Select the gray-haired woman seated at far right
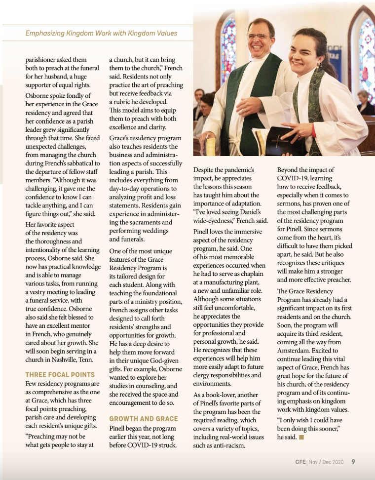pyautogui.click(x=364, y=102)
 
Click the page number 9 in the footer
pyautogui.click(x=353, y=462)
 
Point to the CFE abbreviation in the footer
pyautogui.click(x=300, y=462)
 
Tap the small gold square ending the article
pyautogui.click(x=301, y=437)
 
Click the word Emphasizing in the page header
pyautogui.click(x=45, y=34)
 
